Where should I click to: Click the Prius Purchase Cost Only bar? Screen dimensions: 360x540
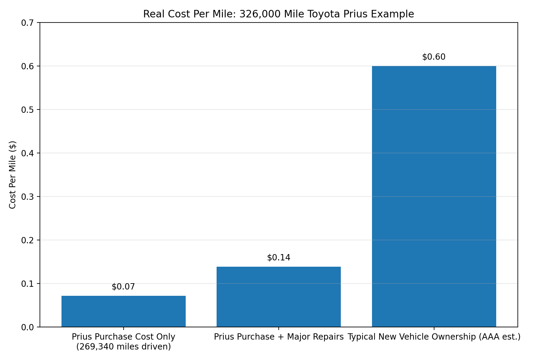pyautogui.click(x=123, y=311)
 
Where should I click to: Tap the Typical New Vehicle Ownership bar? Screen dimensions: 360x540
pyautogui.click(x=434, y=196)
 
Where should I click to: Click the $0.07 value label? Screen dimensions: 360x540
pyautogui.click(x=123, y=287)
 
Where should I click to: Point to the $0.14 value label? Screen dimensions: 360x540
pyautogui.click(x=278, y=258)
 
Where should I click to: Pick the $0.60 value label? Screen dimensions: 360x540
pyautogui.click(x=434, y=57)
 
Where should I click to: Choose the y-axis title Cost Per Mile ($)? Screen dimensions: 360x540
pyautogui.click(x=12, y=175)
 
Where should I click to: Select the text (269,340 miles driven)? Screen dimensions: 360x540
pyautogui.click(x=123, y=347)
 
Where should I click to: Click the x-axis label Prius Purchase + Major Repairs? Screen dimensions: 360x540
pyautogui.click(x=278, y=337)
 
